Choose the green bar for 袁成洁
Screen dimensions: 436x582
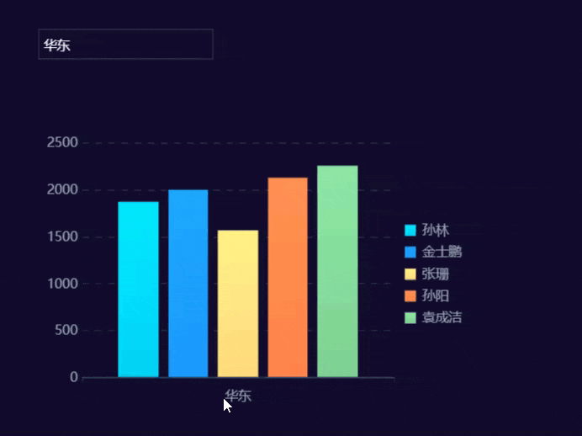pos(337,271)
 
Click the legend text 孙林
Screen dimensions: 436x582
pos(436,230)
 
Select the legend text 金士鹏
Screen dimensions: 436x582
pos(442,252)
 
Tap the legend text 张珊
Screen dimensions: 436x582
pos(436,274)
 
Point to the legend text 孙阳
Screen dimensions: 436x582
pos(436,295)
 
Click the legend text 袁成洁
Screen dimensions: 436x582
pos(442,317)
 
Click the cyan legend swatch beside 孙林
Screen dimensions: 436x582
pos(410,230)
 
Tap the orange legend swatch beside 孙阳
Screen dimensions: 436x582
pos(410,295)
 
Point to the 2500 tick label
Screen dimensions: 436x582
pos(63,142)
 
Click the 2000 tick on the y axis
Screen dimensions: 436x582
pos(63,189)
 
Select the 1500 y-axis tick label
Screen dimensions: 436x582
pos(63,237)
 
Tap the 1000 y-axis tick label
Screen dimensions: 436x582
pos(63,284)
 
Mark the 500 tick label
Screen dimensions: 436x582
pos(67,330)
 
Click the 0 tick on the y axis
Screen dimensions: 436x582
pos(75,377)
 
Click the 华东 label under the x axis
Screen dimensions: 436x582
pos(238,396)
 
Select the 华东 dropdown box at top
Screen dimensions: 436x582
pos(125,45)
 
